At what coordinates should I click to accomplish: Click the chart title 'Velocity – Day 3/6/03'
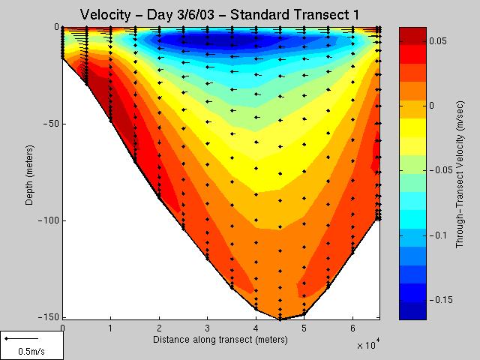[147, 15]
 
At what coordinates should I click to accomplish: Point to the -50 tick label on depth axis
[49, 124]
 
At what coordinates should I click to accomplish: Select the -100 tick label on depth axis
[46, 220]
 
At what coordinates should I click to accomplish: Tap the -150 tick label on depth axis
[46, 316]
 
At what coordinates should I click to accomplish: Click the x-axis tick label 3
[208, 328]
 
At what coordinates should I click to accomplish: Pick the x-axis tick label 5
[304, 328]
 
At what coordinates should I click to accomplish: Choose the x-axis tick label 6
[352, 328]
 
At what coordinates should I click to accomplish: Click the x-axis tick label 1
[110, 328]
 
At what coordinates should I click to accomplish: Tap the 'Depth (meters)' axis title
[30, 175]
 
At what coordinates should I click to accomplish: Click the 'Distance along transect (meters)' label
[220, 340]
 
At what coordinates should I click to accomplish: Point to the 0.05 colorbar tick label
[438, 41]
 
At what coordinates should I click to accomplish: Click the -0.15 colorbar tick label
[441, 300]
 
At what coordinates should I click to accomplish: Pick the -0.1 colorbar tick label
[438, 235]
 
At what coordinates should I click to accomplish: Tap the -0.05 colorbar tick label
[441, 170]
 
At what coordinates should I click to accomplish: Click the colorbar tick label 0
[432, 106]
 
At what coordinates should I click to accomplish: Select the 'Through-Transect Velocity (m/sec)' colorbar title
[460, 175]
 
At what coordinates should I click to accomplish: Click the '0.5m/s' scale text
[31, 351]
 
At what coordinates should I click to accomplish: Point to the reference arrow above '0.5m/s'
[22, 338]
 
